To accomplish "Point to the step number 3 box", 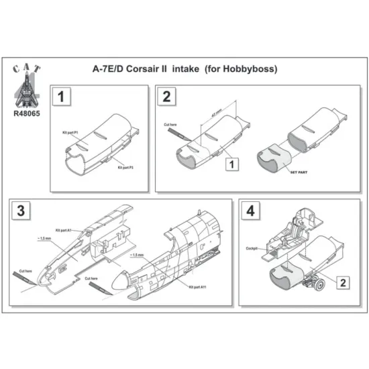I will pos(23,210).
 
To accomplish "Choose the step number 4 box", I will pos(250,210).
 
